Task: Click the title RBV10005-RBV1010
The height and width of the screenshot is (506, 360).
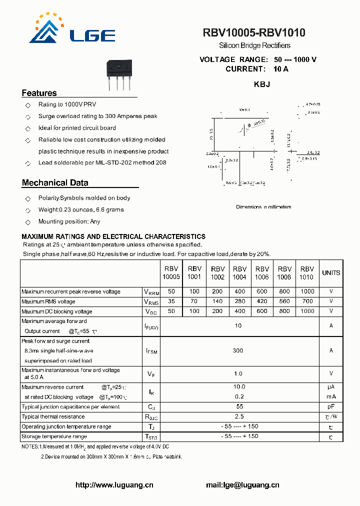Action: (x=254, y=33)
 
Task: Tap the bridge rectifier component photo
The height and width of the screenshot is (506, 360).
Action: (x=119, y=75)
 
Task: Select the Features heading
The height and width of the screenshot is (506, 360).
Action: (x=39, y=93)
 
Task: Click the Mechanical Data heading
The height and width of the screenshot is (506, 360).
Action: (x=55, y=183)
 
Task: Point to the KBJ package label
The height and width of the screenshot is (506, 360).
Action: (x=262, y=84)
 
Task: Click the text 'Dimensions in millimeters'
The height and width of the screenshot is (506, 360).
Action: (x=263, y=207)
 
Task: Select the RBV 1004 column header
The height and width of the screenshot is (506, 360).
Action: (x=239, y=273)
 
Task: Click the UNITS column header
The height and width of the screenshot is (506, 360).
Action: (x=331, y=273)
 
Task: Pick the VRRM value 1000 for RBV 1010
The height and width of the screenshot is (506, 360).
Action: (x=307, y=291)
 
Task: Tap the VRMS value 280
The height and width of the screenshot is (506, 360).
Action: (x=239, y=301)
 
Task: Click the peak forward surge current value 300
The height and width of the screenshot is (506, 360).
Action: (x=238, y=350)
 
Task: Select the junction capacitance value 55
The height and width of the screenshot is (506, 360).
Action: (x=239, y=406)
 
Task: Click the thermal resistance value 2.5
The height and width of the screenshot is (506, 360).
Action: (x=239, y=416)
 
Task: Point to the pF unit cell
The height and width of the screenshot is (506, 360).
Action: (x=331, y=406)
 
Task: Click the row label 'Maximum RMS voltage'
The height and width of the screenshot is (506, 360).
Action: (x=48, y=301)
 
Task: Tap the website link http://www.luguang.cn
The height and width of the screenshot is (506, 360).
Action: (x=114, y=485)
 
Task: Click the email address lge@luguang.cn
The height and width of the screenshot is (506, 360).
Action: (x=242, y=485)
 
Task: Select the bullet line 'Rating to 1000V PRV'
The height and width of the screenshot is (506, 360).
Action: (x=67, y=104)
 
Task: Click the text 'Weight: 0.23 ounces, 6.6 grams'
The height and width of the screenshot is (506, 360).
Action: (x=81, y=210)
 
